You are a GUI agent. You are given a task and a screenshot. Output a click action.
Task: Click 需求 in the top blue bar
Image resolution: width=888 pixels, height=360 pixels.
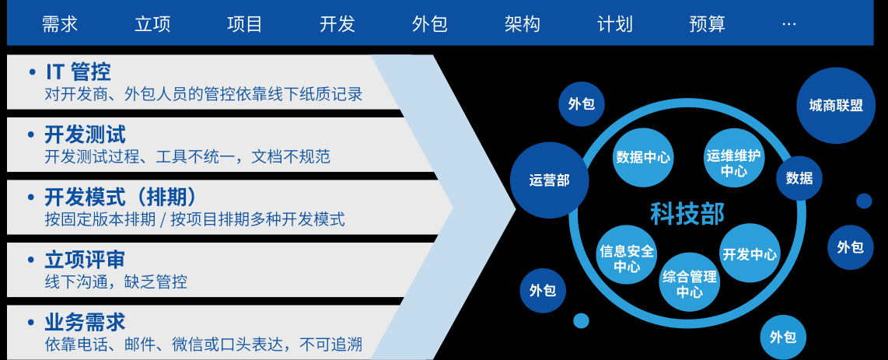pos(60,24)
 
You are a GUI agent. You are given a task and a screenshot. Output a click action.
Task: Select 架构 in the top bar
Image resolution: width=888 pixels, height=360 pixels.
pos(522,24)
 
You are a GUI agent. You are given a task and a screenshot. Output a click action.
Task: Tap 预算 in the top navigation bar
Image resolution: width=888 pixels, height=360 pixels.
pos(707,24)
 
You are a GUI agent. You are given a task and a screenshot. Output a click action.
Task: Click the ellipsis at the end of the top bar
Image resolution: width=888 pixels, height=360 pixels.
pos(788,24)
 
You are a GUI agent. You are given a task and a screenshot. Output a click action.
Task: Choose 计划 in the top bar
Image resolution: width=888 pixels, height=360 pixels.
pos(614,24)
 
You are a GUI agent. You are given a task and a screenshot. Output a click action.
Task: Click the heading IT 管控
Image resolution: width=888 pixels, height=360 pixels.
pos(78,72)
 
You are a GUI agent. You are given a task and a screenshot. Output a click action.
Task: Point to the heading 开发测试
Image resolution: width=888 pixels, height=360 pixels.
pos(85,135)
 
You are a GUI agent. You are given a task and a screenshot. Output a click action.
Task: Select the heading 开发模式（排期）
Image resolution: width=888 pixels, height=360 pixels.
pos(121,197)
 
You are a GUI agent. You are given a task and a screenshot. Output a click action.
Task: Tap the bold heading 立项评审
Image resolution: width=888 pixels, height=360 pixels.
pos(85,260)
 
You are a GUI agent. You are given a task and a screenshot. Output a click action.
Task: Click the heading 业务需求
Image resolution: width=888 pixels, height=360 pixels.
pos(85,322)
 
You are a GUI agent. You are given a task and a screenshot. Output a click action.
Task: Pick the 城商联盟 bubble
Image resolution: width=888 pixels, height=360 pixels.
pos(836,106)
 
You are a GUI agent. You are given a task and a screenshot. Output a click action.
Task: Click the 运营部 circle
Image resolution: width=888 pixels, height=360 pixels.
pos(549,180)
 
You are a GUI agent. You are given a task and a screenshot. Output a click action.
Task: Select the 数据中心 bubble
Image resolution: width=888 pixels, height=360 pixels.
pos(642,157)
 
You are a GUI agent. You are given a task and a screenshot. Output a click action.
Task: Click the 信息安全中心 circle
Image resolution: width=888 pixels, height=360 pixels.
pos(627,260)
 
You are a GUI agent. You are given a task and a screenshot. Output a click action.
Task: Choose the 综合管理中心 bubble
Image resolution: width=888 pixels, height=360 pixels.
pos(689,283)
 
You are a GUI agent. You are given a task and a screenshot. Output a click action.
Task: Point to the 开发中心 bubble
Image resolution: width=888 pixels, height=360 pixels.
pos(750,253)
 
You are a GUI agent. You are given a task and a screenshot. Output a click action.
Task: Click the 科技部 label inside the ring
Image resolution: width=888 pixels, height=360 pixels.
pos(687,213)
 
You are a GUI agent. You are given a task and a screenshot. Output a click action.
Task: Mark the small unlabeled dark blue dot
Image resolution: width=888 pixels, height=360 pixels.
pos(864,201)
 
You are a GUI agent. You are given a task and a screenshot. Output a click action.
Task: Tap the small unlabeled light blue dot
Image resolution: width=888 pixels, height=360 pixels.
pos(581,320)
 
